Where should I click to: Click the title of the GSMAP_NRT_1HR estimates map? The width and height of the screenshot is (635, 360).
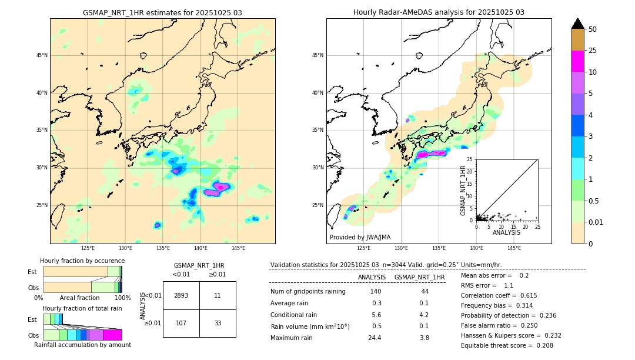tap(162, 12)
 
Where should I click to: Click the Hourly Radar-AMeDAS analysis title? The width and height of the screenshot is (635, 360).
tap(439, 12)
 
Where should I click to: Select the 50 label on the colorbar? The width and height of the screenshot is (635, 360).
tap(593, 29)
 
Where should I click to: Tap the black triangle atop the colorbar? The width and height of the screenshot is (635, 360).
tap(578, 24)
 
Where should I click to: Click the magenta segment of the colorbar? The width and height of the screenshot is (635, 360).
tap(578, 61)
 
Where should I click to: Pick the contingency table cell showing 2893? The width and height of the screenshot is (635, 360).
tap(181, 295)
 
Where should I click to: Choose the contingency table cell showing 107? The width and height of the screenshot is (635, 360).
tap(181, 323)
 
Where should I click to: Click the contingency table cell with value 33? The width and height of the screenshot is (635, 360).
tap(218, 323)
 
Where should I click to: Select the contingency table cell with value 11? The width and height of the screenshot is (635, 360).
tap(218, 295)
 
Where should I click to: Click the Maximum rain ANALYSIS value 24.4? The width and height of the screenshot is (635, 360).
tap(375, 338)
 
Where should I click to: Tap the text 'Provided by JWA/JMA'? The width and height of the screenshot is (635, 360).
tap(360, 238)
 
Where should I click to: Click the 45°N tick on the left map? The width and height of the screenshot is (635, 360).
tap(42, 55)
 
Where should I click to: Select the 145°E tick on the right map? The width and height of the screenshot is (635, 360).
tap(514, 248)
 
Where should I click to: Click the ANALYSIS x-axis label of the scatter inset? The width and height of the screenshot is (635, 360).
tap(506, 232)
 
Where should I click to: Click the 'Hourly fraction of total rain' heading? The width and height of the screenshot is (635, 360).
tap(82, 308)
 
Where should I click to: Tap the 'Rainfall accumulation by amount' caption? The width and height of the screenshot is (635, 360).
tap(82, 345)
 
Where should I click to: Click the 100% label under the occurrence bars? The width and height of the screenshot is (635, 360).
tap(122, 298)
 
